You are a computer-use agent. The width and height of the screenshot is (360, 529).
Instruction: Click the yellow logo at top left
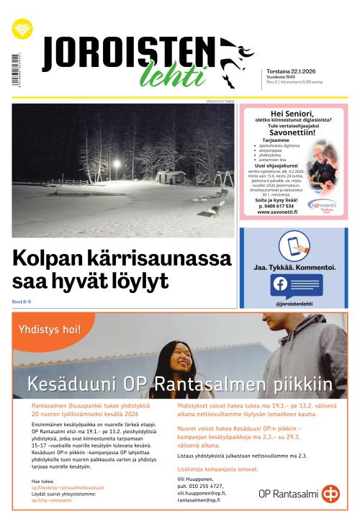coord(22,30)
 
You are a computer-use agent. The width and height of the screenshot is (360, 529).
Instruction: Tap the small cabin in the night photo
coord(171,176)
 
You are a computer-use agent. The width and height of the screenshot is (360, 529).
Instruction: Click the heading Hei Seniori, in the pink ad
coord(293,114)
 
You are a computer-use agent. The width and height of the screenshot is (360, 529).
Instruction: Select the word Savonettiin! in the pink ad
coord(293,133)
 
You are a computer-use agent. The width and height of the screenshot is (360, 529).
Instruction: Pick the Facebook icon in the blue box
coord(279,284)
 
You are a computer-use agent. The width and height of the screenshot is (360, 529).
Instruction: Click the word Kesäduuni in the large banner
coord(70,384)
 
